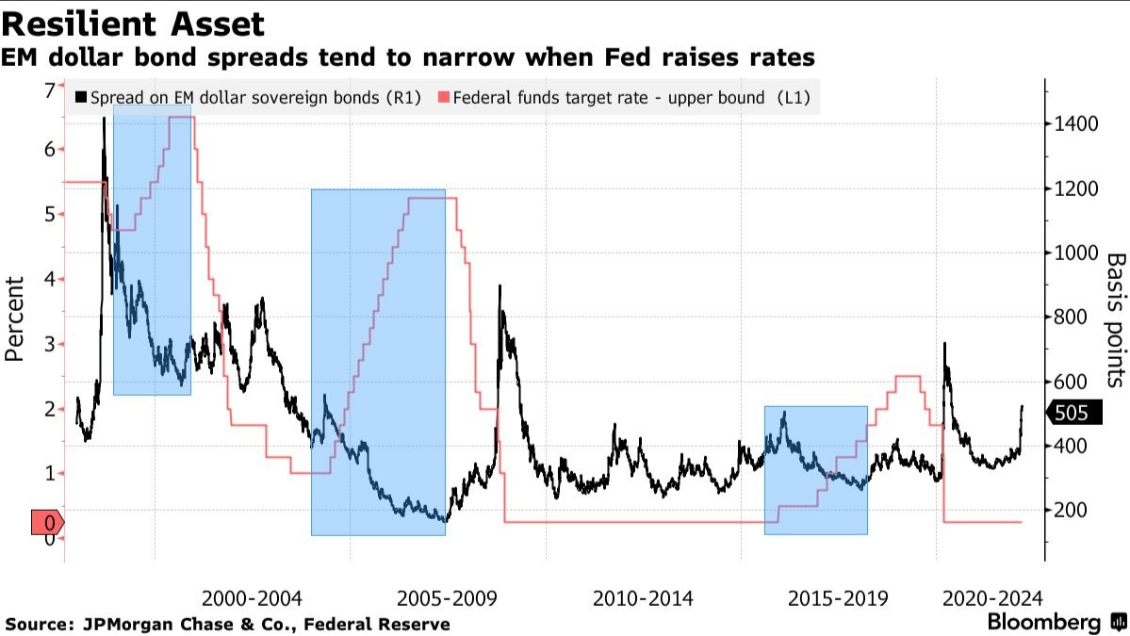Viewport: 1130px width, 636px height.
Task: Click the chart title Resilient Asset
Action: pos(134,24)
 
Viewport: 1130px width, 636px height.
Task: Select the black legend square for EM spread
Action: pos(81,97)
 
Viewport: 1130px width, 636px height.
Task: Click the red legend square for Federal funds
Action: pos(444,97)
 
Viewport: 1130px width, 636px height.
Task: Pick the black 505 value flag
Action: pos(1071,413)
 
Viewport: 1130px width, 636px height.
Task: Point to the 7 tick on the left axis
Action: pos(49,90)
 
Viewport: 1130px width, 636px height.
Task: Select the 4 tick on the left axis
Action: pos(49,279)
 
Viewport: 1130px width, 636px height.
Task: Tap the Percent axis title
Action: pos(15,318)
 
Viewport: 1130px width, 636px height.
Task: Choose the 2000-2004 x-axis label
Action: pos(252,598)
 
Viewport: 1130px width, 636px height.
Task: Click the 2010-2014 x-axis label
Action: pos(643,598)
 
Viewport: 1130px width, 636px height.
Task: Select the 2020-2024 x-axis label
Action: pos(992,598)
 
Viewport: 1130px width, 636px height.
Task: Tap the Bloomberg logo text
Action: pos(1043,623)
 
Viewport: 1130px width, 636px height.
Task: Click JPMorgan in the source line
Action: pos(125,624)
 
